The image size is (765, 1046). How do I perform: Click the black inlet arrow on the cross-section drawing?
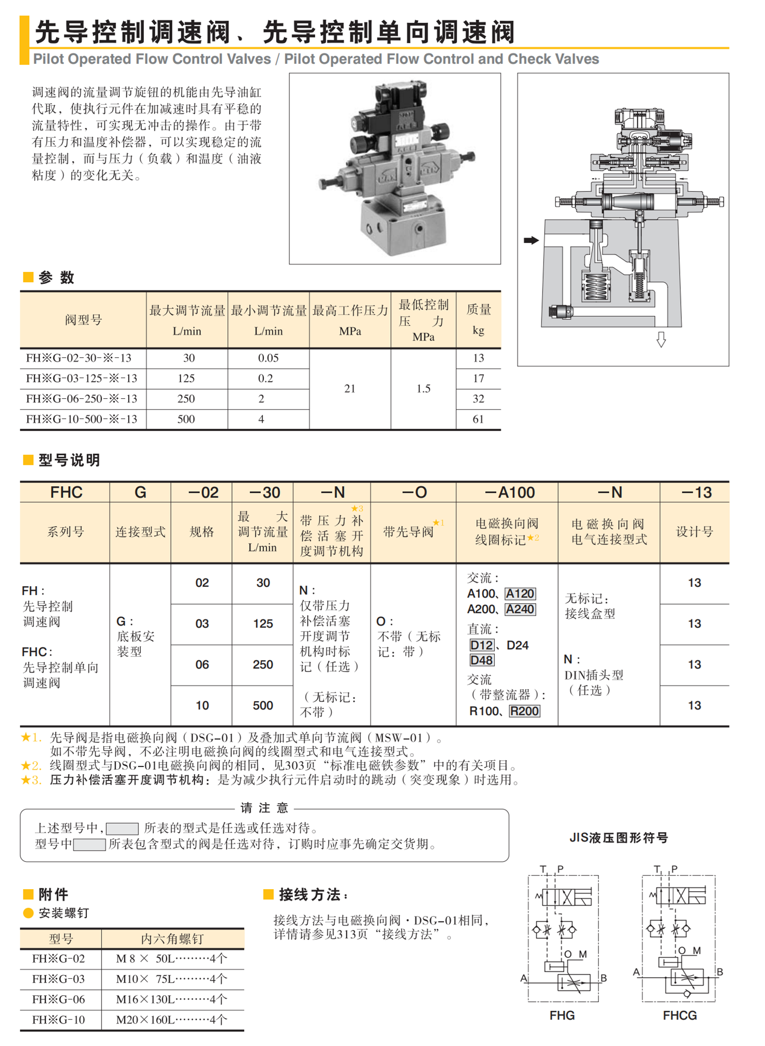[x=531, y=240]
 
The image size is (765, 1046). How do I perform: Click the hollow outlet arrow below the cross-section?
[x=661, y=340]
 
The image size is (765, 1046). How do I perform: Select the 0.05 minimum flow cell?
[x=268, y=358]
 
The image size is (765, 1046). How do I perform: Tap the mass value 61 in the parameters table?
[x=478, y=419]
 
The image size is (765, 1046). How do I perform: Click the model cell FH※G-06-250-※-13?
[x=82, y=399]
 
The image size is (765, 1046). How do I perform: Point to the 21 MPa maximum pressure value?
[x=350, y=388]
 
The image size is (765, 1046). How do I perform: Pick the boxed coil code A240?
[x=520, y=609]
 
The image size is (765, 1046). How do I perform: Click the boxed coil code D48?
[x=482, y=660]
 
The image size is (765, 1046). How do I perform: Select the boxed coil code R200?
[x=524, y=711]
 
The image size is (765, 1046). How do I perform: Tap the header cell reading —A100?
[x=509, y=492]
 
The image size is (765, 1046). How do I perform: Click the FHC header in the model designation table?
[x=66, y=492]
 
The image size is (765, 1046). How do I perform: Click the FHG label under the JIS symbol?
[x=562, y=1015]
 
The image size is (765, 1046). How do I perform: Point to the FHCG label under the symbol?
[x=680, y=1015]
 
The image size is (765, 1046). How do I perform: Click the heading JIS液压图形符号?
[x=619, y=838]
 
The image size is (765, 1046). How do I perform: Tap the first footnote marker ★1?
[x=30, y=737]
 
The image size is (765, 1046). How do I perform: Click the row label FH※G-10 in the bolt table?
[x=58, y=1020]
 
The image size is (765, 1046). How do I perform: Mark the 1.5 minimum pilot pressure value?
[x=423, y=388]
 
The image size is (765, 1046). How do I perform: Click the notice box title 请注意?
[x=264, y=808]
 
